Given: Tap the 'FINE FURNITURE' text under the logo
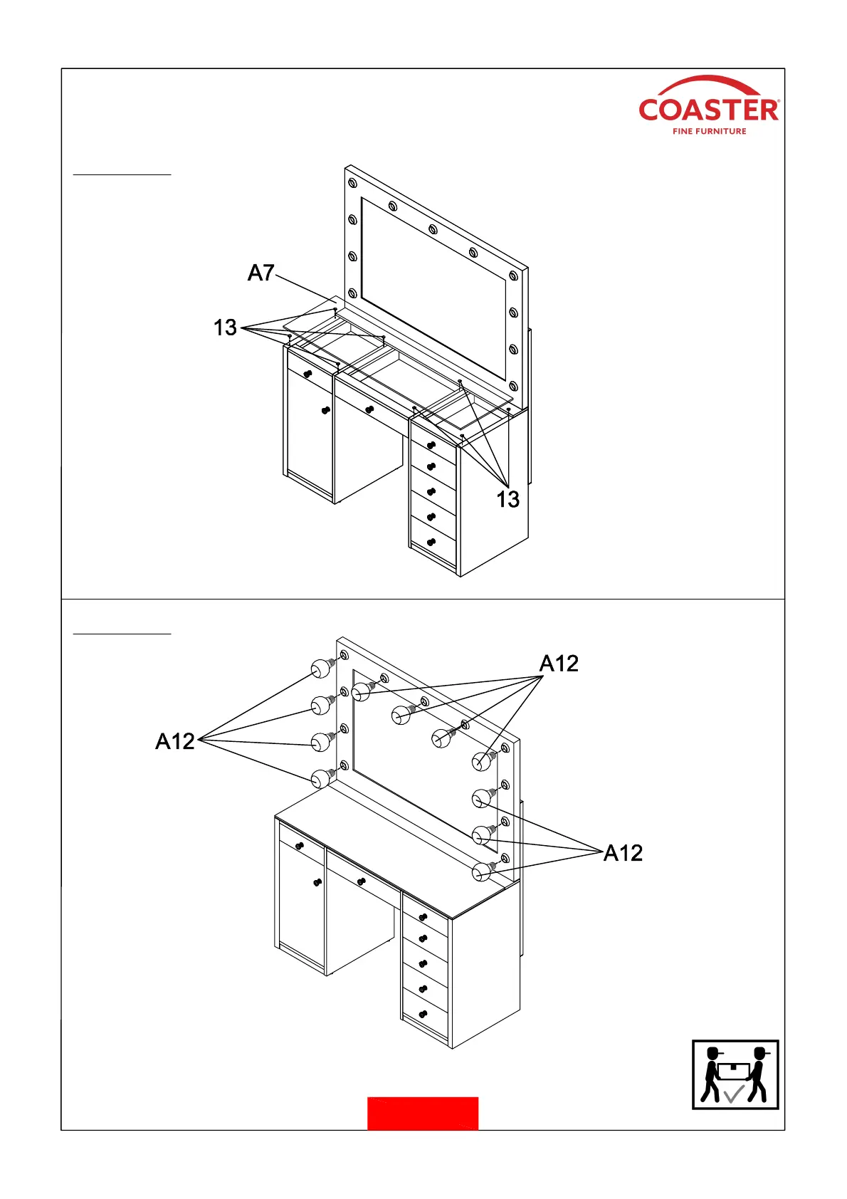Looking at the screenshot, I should tap(709, 131).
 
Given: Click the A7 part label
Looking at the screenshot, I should tap(261, 273).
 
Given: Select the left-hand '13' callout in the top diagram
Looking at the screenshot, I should tap(225, 328).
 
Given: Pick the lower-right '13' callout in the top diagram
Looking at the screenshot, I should tap(507, 500).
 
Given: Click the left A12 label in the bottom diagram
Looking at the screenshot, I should tap(175, 742).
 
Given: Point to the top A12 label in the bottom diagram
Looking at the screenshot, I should tap(559, 664).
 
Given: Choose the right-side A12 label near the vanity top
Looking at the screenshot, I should tap(623, 853).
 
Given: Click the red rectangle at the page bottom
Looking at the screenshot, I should tap(423, 1113).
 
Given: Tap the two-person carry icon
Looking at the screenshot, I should tap(735, 1074).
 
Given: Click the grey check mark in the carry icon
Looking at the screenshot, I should tap(733, 1094).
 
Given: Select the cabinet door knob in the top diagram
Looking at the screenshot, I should tap(325, 410).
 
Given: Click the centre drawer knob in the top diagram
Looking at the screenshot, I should tap(369, 409).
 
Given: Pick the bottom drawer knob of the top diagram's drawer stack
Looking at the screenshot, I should tap(431, 543).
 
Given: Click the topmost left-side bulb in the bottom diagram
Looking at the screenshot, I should tap(321, 668).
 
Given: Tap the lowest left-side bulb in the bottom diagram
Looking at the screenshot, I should tap(321, 778).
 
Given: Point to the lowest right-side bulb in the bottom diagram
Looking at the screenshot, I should tap(483, 871).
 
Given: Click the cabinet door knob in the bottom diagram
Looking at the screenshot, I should tap(317, 883).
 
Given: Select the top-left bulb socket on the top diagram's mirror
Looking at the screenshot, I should tap(352, 184).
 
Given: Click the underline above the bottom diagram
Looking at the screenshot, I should tap(122, 632).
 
